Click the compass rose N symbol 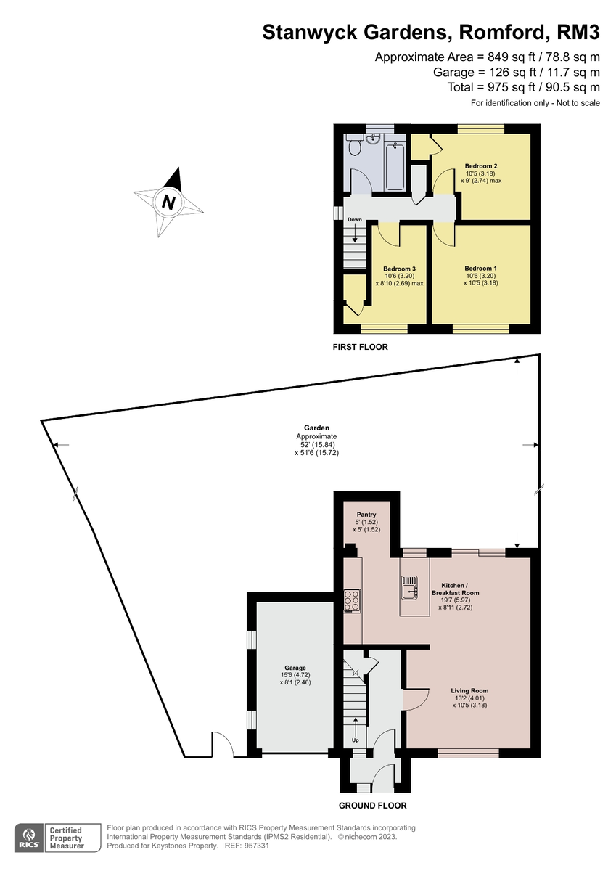(x=168, y=203)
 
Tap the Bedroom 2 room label (x=480, y=166)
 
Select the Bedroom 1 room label (x=480, y=268)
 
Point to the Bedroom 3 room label (x=399, y=269)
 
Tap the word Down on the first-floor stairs (x=354, y=219)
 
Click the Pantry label (x=366, y=515)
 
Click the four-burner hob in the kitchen (x=353, y=600)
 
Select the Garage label (x=295, y=668)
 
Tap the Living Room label (x=469, y=691)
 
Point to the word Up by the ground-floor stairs (x=355, y=740)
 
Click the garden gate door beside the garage (x=222, y=748)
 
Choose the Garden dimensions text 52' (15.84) (x=316, y=444)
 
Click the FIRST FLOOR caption (x=360, y=347)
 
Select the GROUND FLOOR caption (x=373, y=806)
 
